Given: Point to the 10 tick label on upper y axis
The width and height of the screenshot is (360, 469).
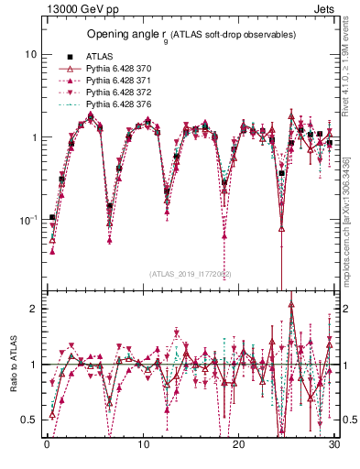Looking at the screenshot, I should [30, 54].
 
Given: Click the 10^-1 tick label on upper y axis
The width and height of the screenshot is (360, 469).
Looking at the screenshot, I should [27, 221].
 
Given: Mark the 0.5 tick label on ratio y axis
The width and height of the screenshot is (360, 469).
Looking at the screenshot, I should [29, 420].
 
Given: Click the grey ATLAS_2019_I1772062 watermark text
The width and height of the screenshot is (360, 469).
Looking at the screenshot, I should [190, 274].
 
